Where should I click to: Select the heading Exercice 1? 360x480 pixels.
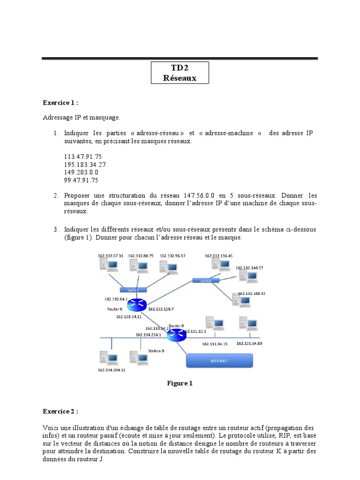click(60, 102)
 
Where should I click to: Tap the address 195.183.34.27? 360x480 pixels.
click(84, 165)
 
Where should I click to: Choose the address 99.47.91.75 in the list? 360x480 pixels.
click(81, 180)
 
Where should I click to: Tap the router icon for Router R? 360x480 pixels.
click(176, 335)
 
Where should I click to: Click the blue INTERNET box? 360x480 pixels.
click(220, 360)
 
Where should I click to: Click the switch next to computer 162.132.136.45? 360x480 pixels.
click(206, 281)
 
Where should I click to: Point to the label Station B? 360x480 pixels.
click(156, 350)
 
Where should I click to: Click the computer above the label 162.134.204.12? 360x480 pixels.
click(108, 359)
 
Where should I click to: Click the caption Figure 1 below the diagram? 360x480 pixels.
click(180, 383)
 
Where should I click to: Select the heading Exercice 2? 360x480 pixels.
click(60, 411)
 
